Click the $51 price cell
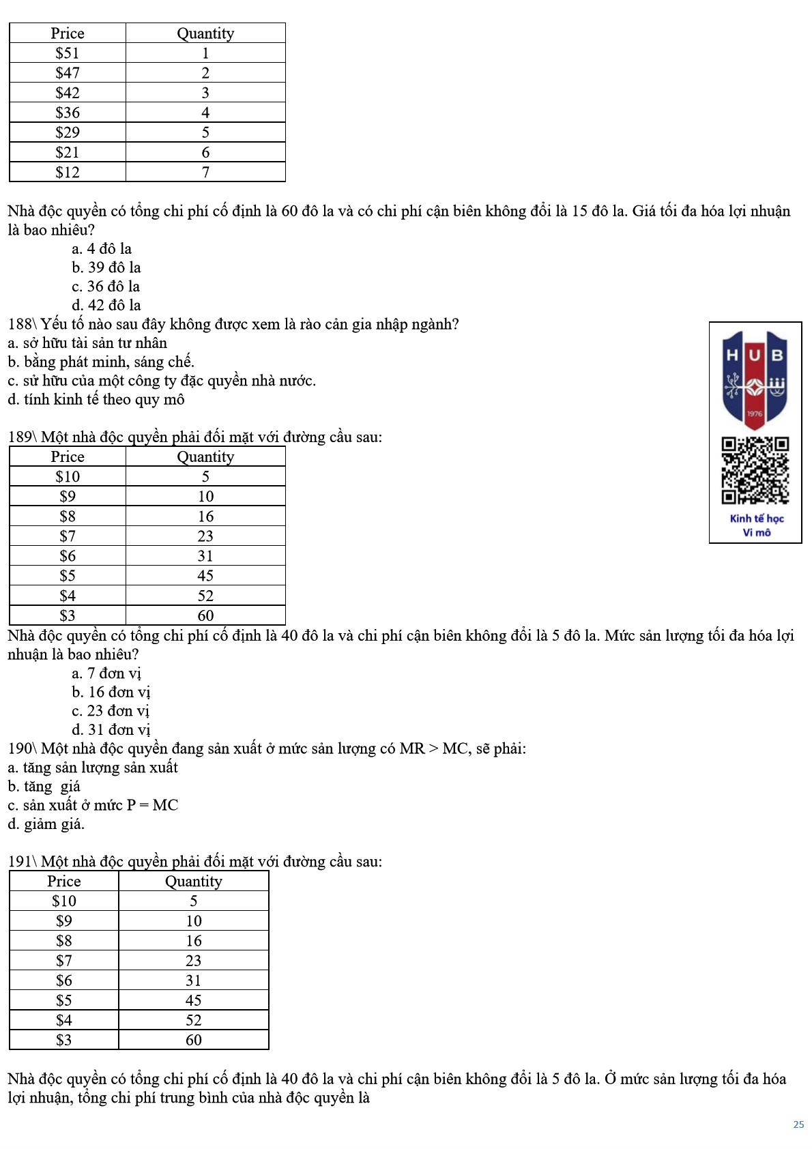pos(68,53)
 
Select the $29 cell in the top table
pos(68,132)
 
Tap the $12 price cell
pos(68,172)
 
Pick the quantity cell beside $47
pos(205,73)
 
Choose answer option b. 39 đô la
pos(106,267)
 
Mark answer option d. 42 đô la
pos(106,305)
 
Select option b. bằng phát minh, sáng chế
pos(101,362)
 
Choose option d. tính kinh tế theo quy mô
pos(96,399)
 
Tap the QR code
pos(755,471)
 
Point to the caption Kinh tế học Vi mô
pos(757,525)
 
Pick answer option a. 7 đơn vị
pos(106,673)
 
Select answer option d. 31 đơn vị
pos(111,729)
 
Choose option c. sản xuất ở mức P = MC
pos(93,805)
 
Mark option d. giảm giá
pos(46,824)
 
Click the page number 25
pos(798,1124)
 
